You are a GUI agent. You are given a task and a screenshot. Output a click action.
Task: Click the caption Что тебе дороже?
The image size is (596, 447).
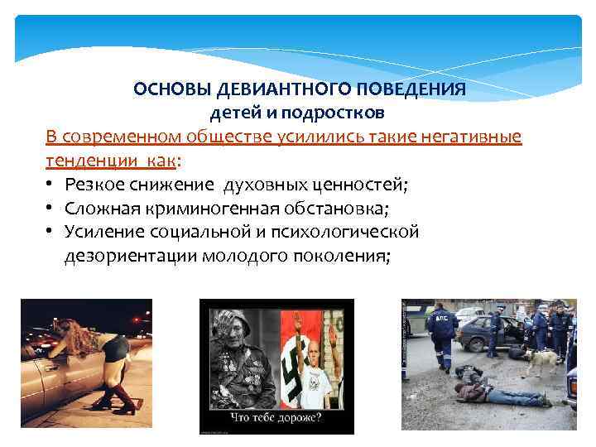click(x=276, y=417)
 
